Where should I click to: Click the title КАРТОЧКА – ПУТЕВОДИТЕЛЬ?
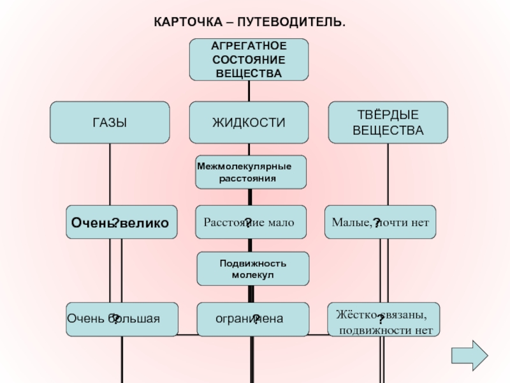coord(250,22)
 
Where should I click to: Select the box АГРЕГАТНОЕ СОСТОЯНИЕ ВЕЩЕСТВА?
coord(249,59)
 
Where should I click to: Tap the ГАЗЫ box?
coord(110,122)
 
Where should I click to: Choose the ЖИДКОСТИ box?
coord(249,122)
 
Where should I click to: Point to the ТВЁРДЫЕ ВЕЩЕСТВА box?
coord(388,122)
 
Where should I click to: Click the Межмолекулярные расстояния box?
coord(251,172)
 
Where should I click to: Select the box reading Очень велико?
coord(122,222)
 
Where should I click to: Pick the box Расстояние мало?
coord(251,222)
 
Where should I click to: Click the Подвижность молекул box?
coord(253,268)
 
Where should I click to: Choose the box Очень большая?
coord(122,319)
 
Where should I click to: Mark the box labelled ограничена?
coord(252,319)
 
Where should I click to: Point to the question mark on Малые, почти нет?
coord(377,223)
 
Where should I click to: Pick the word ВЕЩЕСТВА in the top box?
coord(249,73)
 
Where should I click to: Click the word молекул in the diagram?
coord(252,274)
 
